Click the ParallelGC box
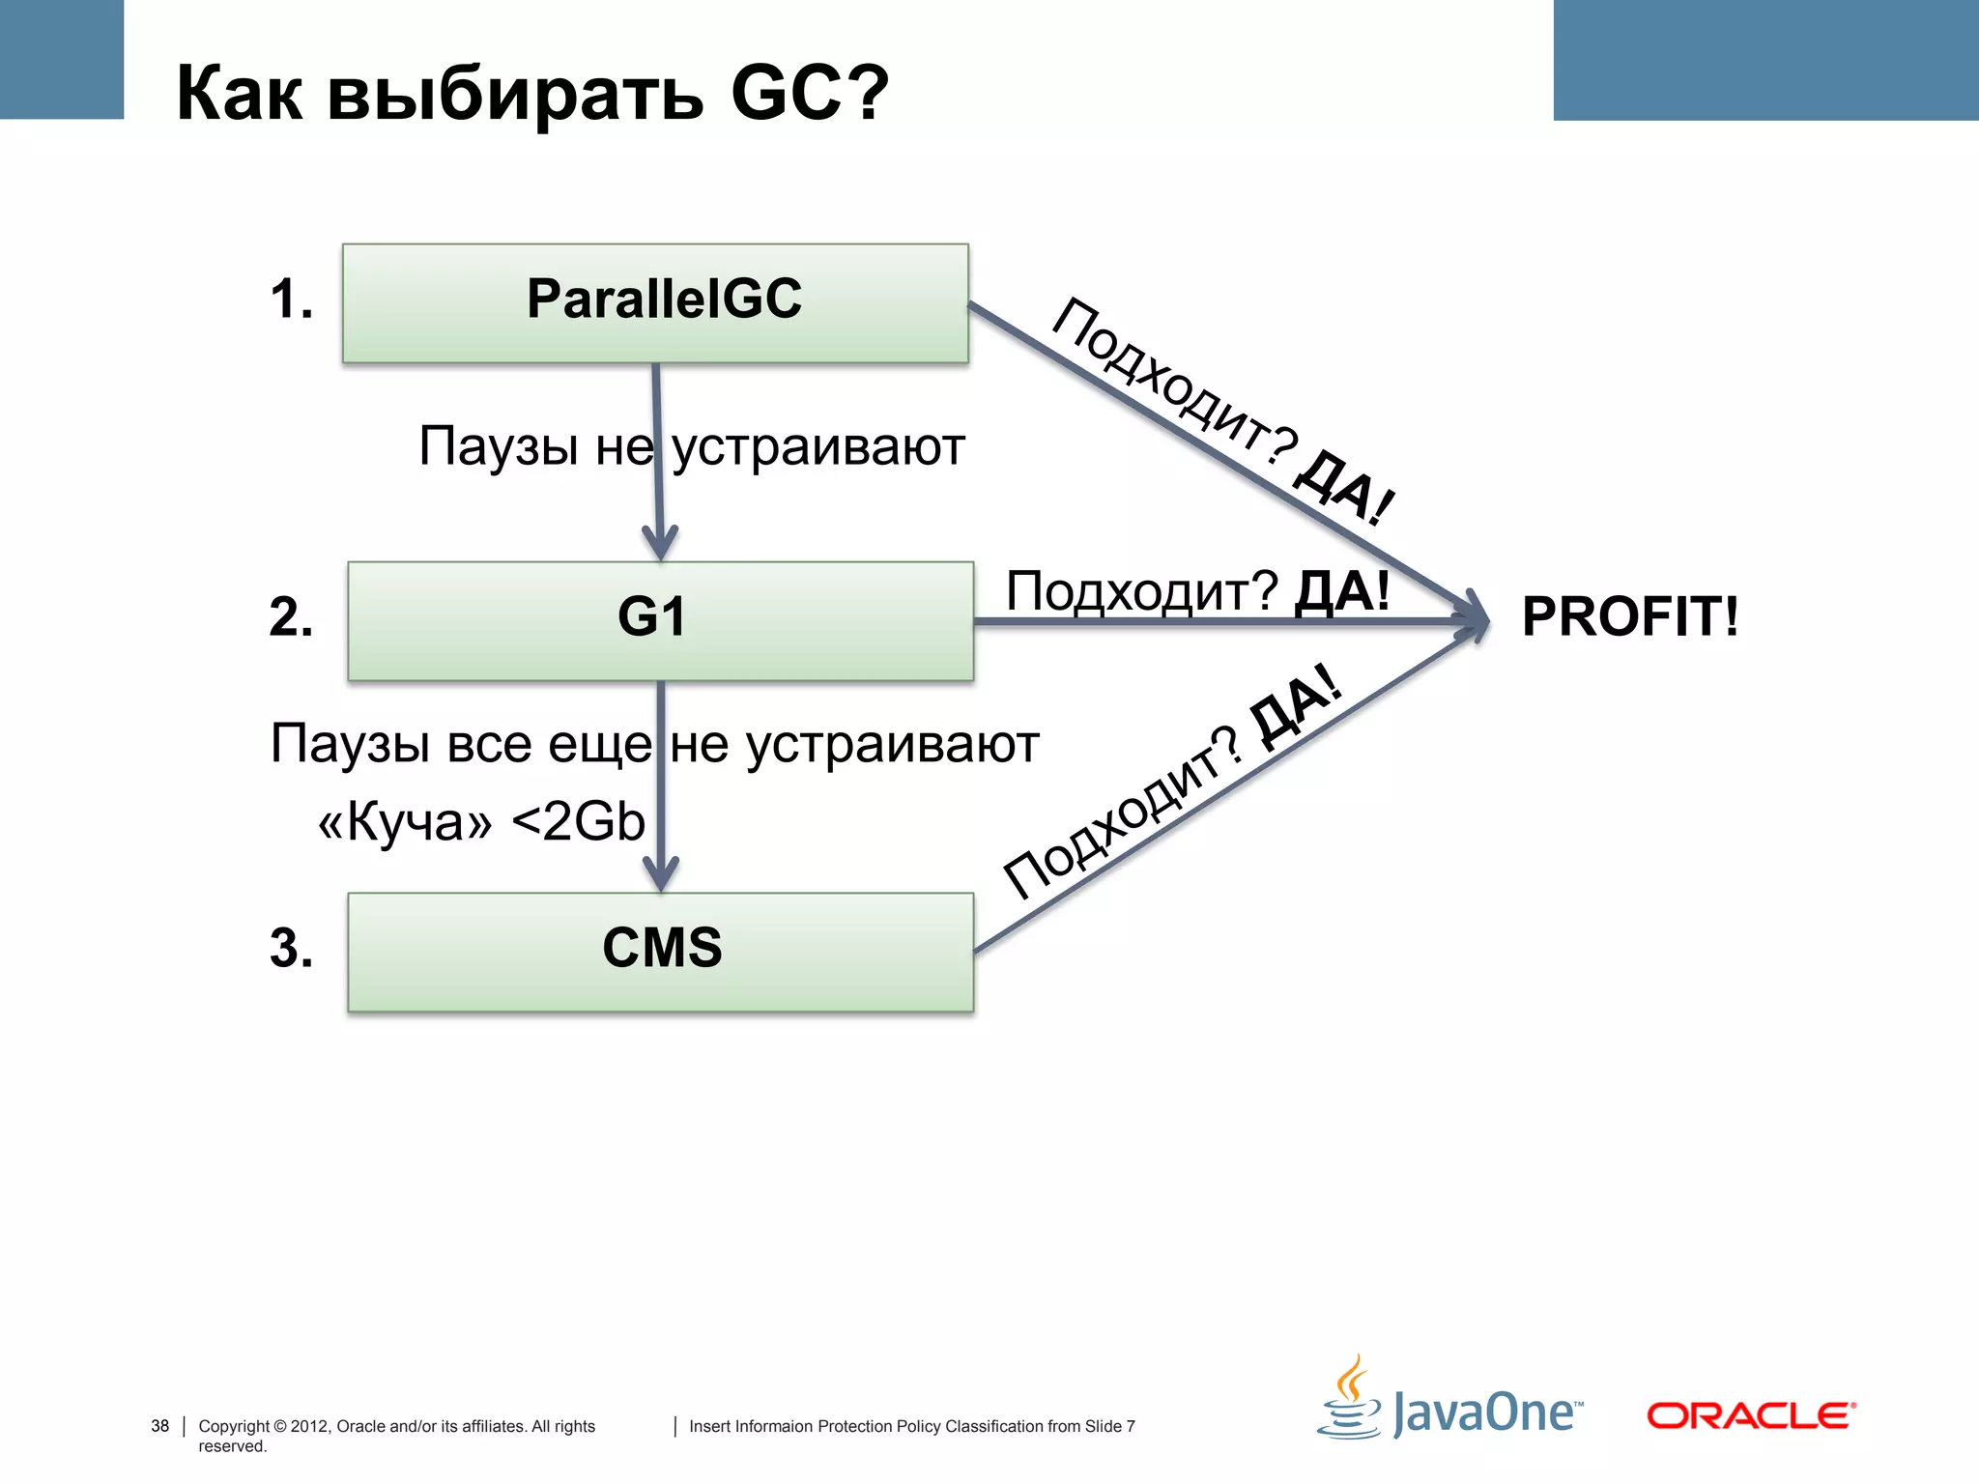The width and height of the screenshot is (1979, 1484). click(655, 302)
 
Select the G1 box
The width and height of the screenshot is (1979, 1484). click(660, 620)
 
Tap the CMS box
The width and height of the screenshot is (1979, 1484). click(660, 951)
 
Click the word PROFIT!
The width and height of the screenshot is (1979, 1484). click(1629, 616)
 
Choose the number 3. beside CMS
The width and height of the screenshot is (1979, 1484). click(291, 948)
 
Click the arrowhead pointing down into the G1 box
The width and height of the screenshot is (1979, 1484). click(660, 542)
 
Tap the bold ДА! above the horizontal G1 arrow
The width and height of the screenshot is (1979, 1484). click(1341, 590)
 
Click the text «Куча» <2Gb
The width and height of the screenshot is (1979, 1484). click(481, 822)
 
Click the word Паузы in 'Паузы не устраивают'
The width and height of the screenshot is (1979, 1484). click(499, 446)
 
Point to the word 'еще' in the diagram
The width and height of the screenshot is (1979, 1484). click(599, 745)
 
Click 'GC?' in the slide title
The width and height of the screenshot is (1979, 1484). click(808, 93)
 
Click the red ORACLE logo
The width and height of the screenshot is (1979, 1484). click(1750, 1415)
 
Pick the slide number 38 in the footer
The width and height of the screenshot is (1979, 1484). click(159, 1426)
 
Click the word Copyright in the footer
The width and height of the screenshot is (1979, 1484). click(233, 1426)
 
